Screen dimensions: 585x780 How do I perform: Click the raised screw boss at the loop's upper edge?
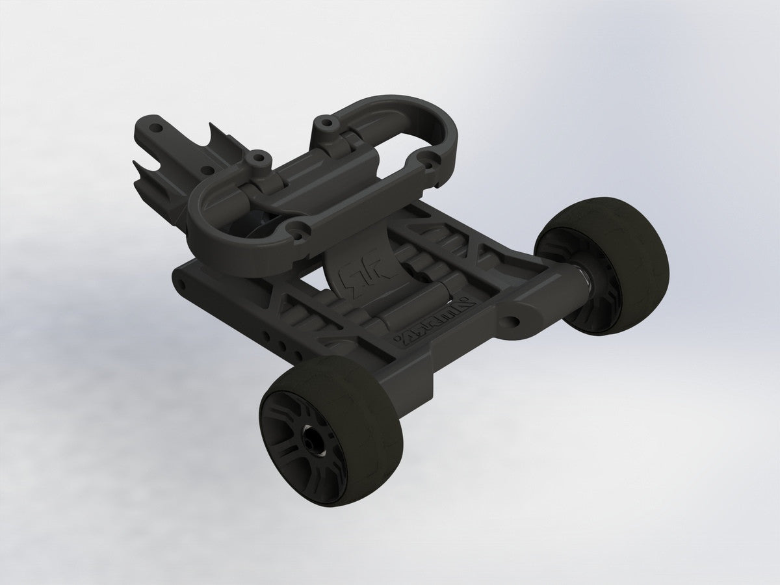(x=323, y=122)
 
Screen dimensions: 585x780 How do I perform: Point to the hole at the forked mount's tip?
(x=154, y=121)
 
